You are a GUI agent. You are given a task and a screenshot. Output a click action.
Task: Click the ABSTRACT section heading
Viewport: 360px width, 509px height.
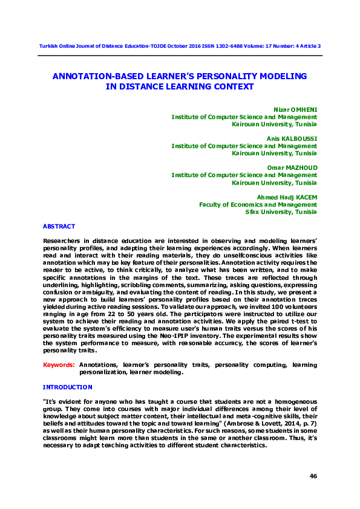tap(59, 226)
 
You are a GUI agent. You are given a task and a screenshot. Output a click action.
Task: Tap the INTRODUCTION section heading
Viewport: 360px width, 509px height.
tap(67, 387)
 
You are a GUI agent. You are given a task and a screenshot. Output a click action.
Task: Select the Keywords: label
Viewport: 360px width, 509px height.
tap(59, 365)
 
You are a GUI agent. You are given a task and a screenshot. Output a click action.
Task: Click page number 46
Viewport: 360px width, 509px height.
tap(313, 476)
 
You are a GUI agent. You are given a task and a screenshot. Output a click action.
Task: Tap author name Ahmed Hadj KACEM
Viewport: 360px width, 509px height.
tap(286, 197)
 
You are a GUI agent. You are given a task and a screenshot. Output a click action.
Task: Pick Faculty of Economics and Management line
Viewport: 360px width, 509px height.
tap(258, 204)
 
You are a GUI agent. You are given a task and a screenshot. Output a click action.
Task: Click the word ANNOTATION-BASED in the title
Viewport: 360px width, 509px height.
tap(94, 77)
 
